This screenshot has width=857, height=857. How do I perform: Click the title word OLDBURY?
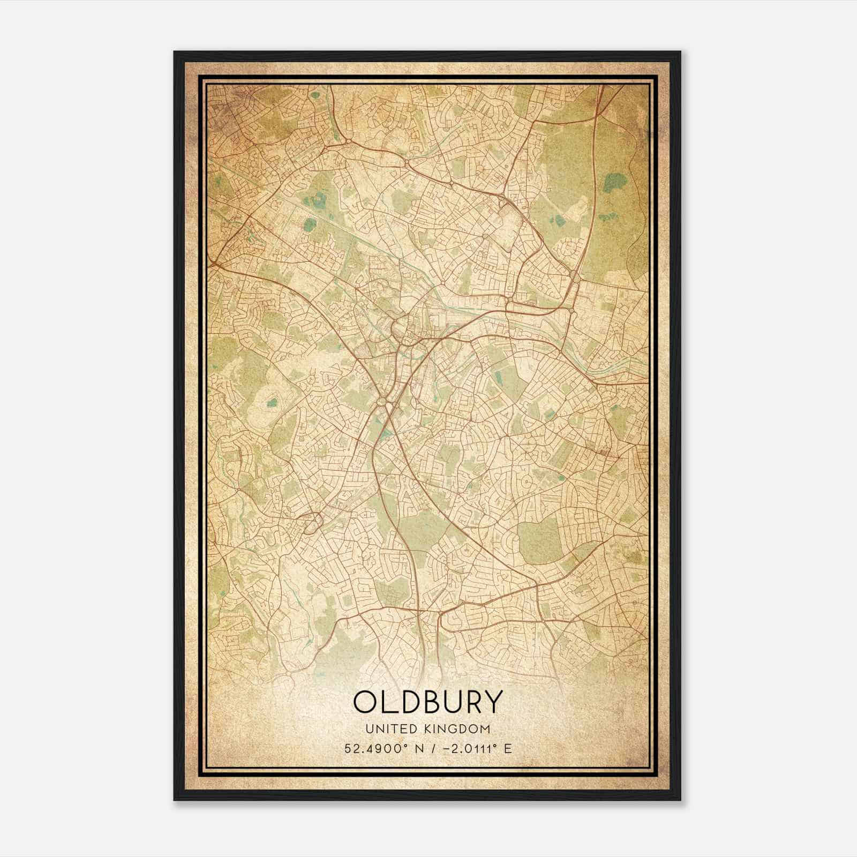tap(428, 702)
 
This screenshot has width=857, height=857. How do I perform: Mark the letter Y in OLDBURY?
tap(496, 702)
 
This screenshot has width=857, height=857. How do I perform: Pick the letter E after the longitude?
tap(508, 748)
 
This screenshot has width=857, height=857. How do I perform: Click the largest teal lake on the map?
tap(612, 184)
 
